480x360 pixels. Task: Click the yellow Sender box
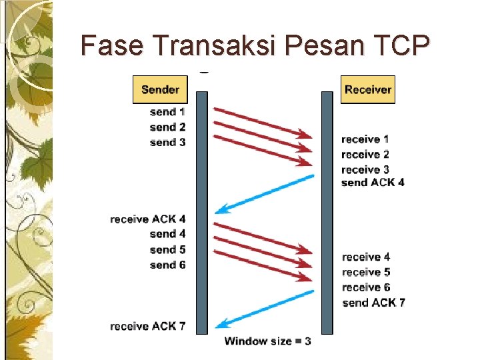click(160, 89)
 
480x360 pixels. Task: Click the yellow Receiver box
click(368, 89)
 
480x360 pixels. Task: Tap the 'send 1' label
click(167, 111)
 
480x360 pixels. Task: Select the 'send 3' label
click(167, 142)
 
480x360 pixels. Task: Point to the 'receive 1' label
click(365, 139)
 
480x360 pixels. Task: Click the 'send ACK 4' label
click(373, 182)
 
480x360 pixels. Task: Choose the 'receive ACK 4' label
click(148, 219)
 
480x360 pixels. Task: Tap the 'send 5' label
click(167, 249)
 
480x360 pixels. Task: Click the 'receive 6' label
click(366, 287)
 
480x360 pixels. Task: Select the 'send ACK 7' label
click(373, 303)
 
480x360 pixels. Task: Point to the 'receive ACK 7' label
click(148, 326)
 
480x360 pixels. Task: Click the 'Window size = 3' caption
click(267, 341)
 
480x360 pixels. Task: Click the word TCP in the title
click(397, 45)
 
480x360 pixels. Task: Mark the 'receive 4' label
click(366, 257)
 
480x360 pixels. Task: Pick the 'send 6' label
click(167, 265)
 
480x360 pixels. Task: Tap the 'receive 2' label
click(365, 155)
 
